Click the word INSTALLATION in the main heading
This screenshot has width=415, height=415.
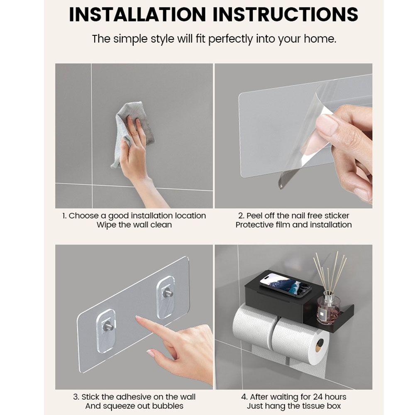click(x=137, y=14)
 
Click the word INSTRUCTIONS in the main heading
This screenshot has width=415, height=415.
click(x=286, y=14)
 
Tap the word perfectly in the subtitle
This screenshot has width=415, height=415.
click(x=230, y=39)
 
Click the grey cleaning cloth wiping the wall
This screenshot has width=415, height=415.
click(x=132, y=134)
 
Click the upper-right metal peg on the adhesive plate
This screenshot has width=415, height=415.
click(x=168, y=293)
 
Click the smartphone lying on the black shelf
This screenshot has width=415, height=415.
click(x=286, y=286)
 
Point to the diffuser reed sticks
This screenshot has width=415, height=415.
click(x=330, y=273)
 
